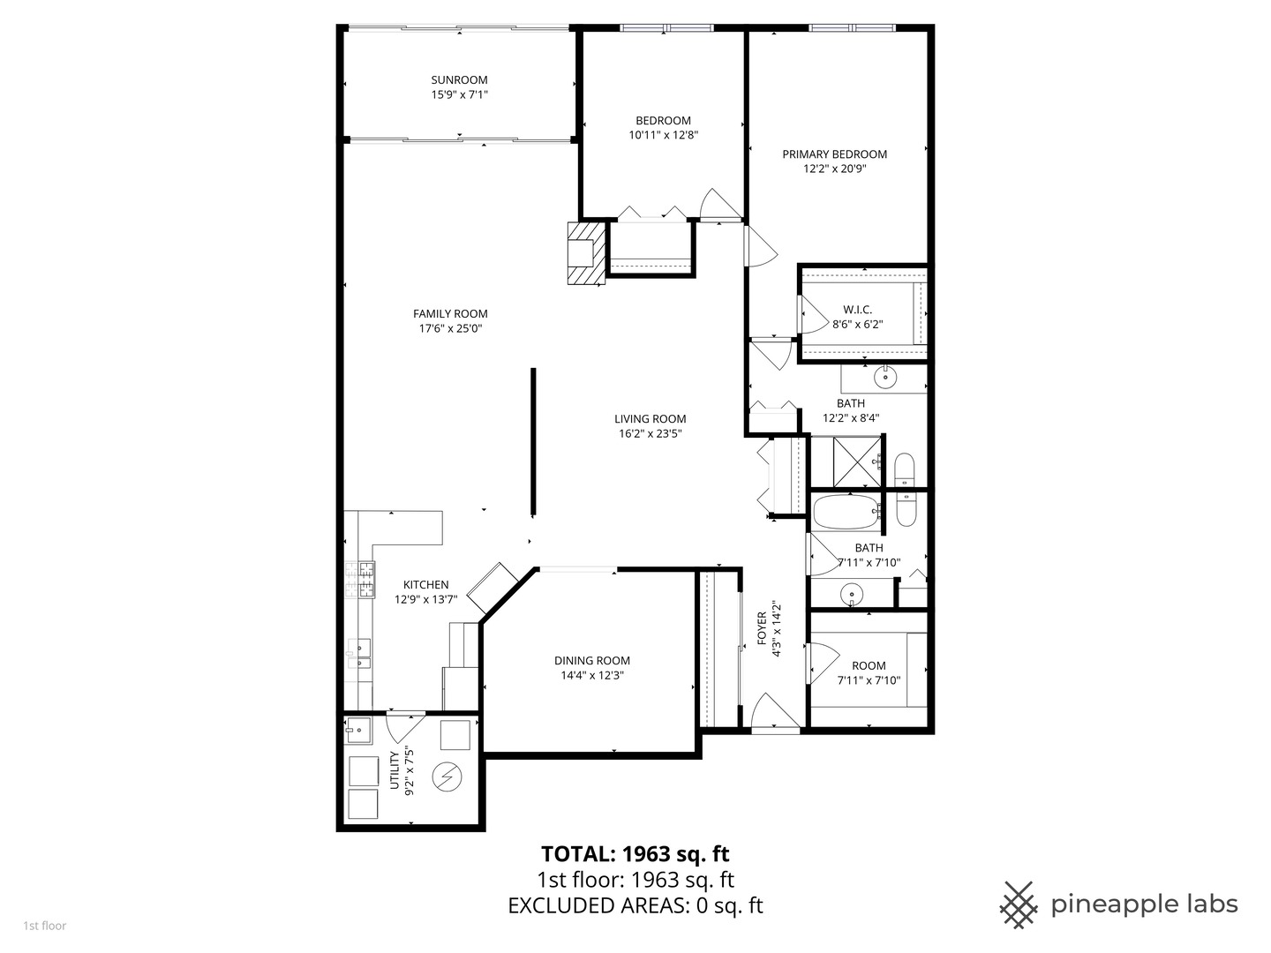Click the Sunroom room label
[459, 80]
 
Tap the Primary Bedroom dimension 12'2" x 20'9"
[834, 169]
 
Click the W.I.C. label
[857, 310]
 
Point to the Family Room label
[450, 314]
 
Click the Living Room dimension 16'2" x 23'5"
[650, 434]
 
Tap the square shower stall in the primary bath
[846, 461]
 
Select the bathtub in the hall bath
[846, 512]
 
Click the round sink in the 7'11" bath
[851, 594]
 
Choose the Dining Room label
[592, 661]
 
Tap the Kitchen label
[425, 585]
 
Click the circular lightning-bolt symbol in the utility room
[447, 777]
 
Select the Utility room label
[395, 773]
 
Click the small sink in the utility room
[357, 730]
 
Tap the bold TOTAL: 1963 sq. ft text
[635, 854]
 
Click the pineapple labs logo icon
[1018, 904]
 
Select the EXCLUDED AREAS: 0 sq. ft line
[635, 905]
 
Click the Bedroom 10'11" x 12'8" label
[663, 121]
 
